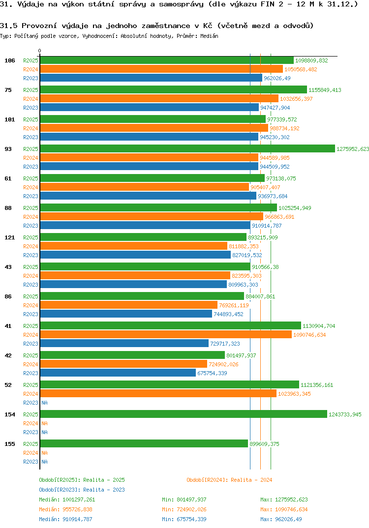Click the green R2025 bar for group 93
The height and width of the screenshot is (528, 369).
tap(187, 149)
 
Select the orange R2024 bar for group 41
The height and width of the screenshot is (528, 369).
tap(165, 335)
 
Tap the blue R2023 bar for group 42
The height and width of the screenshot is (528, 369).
tap(118, 373)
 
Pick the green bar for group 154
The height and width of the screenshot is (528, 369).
tap(183, 414)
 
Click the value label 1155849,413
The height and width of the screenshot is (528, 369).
tap(325, 90)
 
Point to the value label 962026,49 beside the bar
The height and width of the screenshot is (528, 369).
tap(277, 78)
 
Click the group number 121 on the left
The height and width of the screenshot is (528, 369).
tap(9, 237)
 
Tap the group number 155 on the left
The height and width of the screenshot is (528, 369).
tap(9, 444)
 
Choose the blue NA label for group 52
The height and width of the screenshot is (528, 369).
tap(44, 403)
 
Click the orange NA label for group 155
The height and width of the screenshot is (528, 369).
tap(44, 453)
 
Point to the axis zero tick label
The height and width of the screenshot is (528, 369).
tap(40, 51)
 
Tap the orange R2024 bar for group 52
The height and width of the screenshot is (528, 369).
tap(158, 394)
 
